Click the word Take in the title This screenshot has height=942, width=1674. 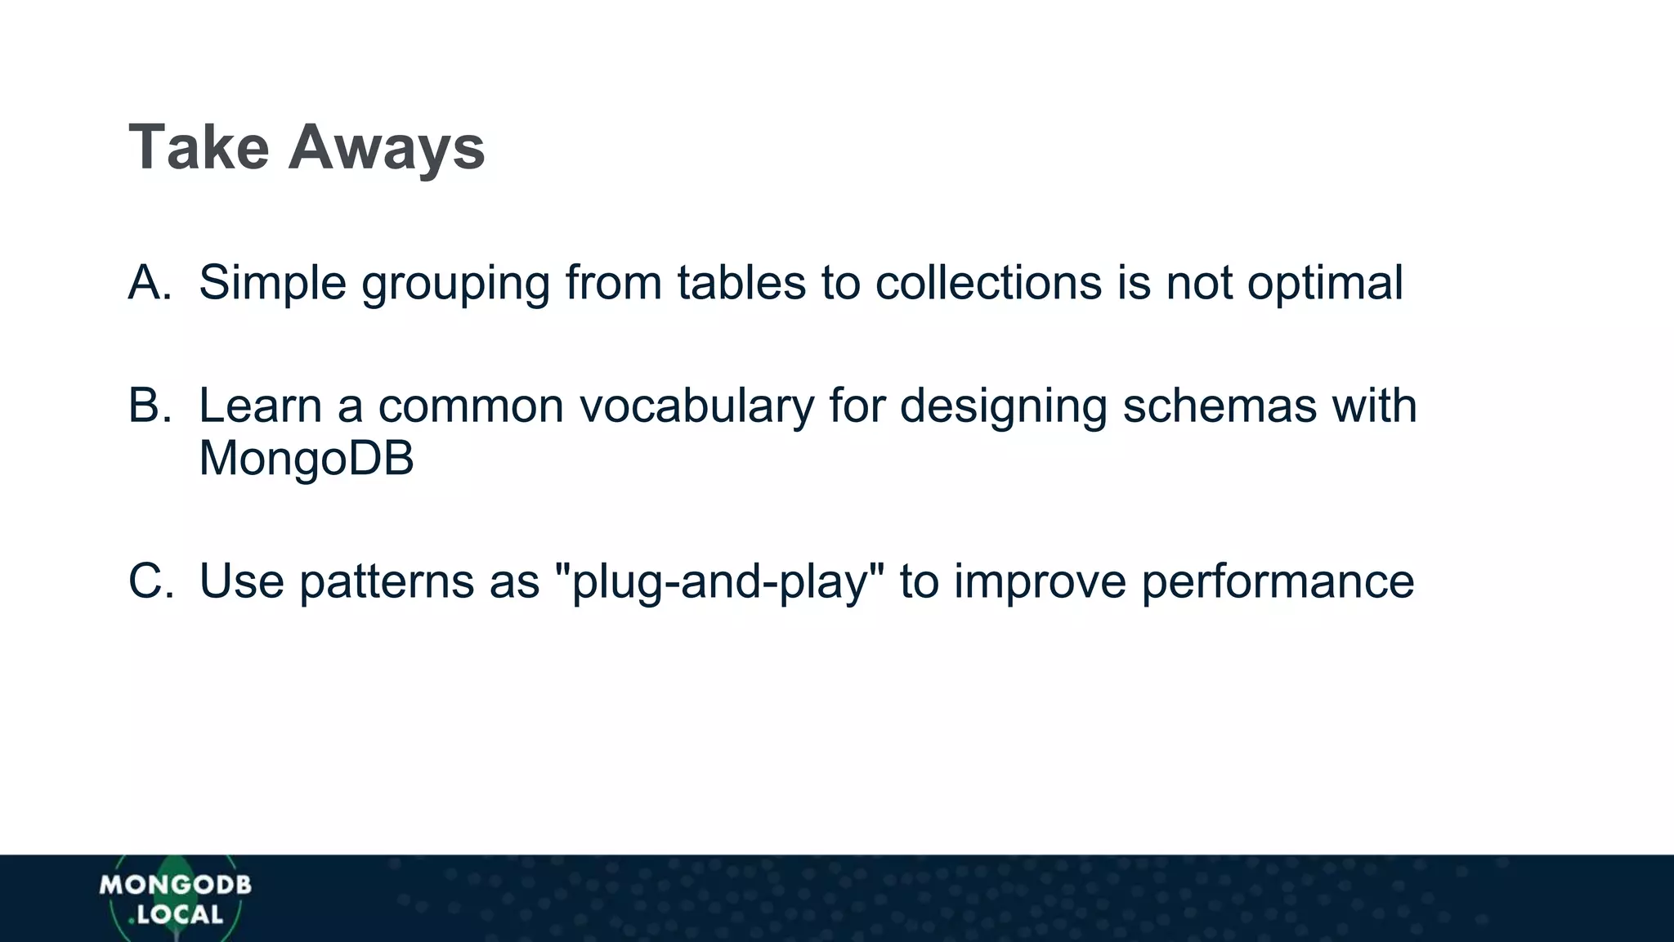pos(199,147)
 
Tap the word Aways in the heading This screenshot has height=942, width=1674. pos(387,147)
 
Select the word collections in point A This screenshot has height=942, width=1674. pos(988,283)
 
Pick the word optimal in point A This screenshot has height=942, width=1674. pos(1325,283)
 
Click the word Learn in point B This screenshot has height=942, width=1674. pos(260,406)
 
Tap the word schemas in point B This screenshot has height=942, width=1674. pos(1219,406)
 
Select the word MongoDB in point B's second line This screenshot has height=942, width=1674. pos(307,458)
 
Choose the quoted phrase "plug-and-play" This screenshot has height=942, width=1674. pos(719,581)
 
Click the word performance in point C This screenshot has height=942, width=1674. pos(1278,581)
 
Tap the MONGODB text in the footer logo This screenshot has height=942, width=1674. pos(175,885)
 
